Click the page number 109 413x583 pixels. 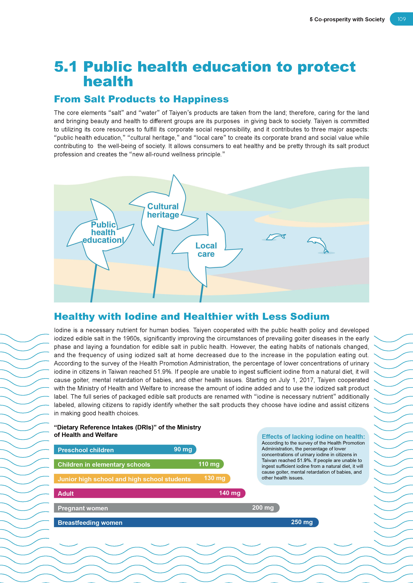[401, 19]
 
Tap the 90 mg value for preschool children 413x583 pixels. [183, 449]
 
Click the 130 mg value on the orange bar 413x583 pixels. [214, 478]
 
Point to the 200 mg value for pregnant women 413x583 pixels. [263, 508]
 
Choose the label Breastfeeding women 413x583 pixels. [90, 523]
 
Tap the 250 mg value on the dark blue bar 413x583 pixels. [302, 522]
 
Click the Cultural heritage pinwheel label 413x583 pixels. [163, 211]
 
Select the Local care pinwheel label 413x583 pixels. [206, 250]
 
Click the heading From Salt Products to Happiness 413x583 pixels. [141, 99]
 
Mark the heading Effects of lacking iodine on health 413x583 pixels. [313, 436]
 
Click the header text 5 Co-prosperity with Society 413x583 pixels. [347, 20]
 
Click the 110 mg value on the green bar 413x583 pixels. [209, 464]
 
